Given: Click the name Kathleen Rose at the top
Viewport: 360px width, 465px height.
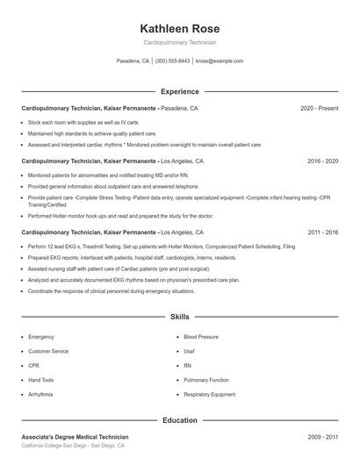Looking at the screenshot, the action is coord(180,28).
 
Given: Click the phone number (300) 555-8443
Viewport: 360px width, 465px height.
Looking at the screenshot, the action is coord(172,61).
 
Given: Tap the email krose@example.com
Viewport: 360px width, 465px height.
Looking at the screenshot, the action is coord(220,61).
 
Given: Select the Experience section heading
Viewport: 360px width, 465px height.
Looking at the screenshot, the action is coord(180,91).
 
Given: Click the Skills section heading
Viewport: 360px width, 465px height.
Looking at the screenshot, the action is coord(180,316).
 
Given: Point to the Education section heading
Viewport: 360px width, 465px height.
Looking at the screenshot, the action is coord(180,420).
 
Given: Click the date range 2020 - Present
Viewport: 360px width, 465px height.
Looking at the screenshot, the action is coord(319,108).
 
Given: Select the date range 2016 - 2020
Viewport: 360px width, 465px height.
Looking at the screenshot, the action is coord(322,161).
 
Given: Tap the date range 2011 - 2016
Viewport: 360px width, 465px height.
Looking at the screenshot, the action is coord(322,232).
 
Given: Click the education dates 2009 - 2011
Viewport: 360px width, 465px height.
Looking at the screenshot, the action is coord(322,436).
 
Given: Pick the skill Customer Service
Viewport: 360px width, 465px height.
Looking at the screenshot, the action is coord(48,351).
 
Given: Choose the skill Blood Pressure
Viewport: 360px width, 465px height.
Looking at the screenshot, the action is coord(201,337).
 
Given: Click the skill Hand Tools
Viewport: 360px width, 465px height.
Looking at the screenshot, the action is coord(41,380).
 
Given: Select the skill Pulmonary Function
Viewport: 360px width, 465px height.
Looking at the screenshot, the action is coord(206,380).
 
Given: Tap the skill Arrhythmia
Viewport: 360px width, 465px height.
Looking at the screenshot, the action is coord(40,395).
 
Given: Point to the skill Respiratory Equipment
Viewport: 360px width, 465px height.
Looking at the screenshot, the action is coord(210,395).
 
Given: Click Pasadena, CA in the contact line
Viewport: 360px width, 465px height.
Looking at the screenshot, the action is coord(133,61).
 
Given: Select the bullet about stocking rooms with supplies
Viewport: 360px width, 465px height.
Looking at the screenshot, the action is coord(84,122).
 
